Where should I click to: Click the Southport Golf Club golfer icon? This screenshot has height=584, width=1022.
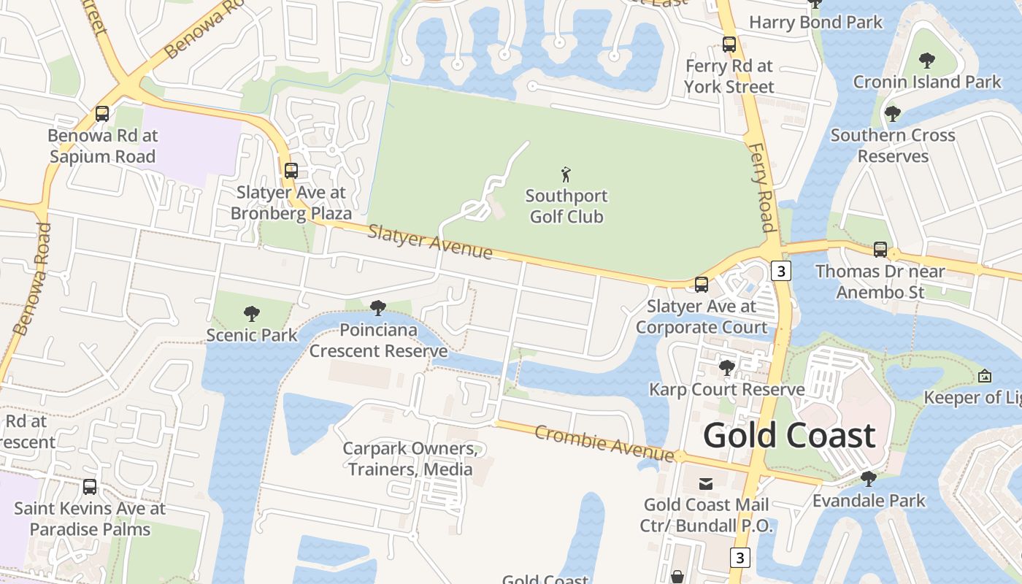point(566,174)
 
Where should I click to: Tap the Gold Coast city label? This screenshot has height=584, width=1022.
point(789,436)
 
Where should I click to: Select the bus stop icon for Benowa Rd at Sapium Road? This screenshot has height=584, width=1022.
point(102,114)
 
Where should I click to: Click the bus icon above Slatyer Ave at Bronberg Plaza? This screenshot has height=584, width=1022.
point(291,171)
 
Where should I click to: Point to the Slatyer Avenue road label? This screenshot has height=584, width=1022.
point(430,242)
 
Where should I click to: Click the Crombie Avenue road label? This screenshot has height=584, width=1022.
point(604,443)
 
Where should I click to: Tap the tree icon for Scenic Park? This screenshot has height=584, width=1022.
point(252,314)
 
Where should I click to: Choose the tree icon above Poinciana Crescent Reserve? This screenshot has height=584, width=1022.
point(377,308)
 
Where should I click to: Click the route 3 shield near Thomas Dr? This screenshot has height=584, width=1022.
point(781,271)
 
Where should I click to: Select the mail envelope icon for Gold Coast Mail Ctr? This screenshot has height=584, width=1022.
point(706,483)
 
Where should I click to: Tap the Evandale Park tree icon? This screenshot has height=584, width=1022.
point(869,479)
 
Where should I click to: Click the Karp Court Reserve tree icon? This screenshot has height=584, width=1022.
point(726,367)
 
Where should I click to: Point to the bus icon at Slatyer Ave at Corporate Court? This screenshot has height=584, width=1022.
point(702,285)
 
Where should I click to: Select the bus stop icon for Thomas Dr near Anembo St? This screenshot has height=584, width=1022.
point(880,250)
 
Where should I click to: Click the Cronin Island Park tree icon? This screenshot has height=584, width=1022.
point(927,60)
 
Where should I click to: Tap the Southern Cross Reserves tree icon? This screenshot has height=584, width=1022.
point(892,114)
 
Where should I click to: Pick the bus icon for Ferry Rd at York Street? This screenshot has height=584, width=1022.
point(729,45)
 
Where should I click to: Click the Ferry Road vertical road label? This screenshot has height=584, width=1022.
point(761,187)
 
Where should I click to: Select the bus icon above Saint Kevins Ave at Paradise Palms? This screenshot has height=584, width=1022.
point(90,486)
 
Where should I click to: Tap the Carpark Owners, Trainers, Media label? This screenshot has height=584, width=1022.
point(410,458)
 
